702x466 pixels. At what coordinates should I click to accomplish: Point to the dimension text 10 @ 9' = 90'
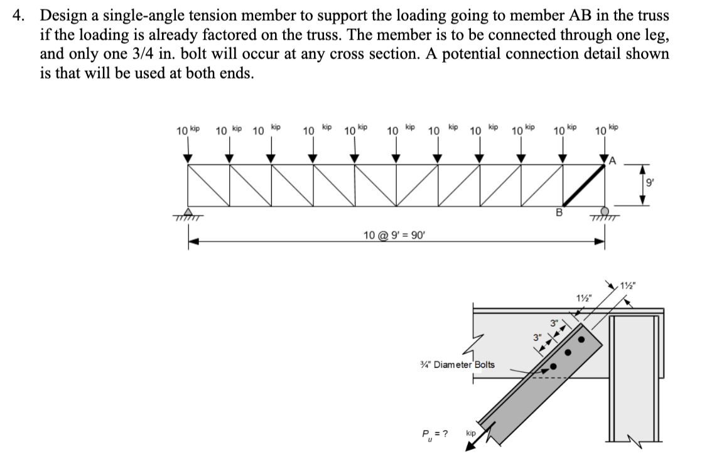394,236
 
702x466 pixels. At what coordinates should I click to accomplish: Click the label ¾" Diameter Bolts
456,364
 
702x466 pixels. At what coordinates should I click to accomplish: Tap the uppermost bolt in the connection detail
581,340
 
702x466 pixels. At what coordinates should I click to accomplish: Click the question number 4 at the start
19,15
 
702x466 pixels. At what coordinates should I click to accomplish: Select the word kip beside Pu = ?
470,434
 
